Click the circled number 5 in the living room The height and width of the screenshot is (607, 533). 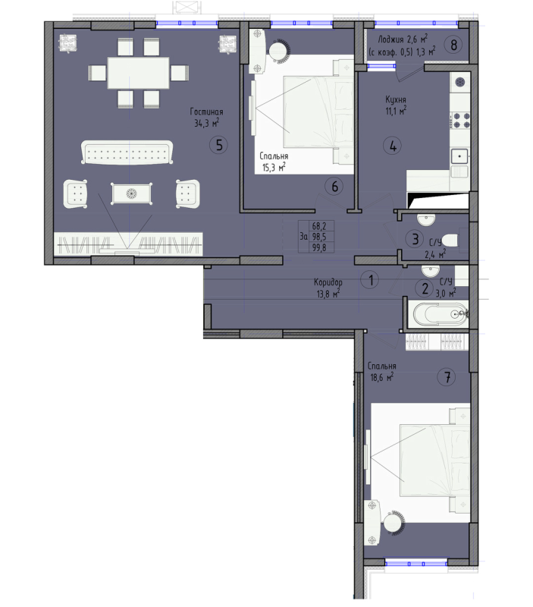click(x=218, y=145)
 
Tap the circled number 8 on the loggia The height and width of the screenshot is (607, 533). click(x=453, y=45)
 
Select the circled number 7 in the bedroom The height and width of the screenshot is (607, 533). click(x=447, y=376)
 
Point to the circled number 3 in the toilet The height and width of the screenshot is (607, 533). click(x=415, y=239)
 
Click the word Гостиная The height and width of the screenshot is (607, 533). click(x=206, y=112)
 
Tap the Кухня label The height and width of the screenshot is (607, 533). click(x=396, y=100)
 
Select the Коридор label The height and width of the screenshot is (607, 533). click(x=328, y=282)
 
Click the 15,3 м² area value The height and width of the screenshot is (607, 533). click(x=274, y=167)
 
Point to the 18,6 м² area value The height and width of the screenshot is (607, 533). click(x=382, y=377)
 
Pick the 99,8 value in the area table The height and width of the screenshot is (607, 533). click(x=319, y=248)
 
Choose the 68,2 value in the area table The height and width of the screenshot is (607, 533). click(x=319, y=225)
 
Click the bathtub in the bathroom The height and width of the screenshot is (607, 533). click(x=440, y=313)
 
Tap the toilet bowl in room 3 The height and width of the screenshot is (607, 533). click(x=450, y=240)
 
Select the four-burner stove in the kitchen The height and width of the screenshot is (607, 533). click(x=462, y=120)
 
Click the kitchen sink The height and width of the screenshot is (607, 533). click(x=460, y=156)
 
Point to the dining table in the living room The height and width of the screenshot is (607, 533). click(x=138, y=73)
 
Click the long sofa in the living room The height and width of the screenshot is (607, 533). click(x=127, y=153)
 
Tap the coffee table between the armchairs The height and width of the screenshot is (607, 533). click(x=131, y=193)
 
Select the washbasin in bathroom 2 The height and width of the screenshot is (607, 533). click(x=431, y=269)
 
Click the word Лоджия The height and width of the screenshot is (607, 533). click(x=390, y=40)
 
